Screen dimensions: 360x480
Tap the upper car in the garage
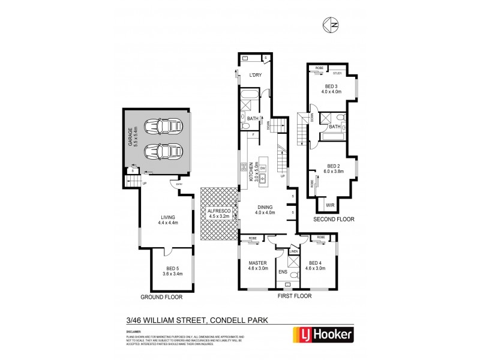click(163, 127)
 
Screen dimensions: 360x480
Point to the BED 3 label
click(331, 88)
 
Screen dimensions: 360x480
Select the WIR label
click(330, 205)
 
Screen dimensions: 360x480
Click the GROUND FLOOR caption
click(161, 297)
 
